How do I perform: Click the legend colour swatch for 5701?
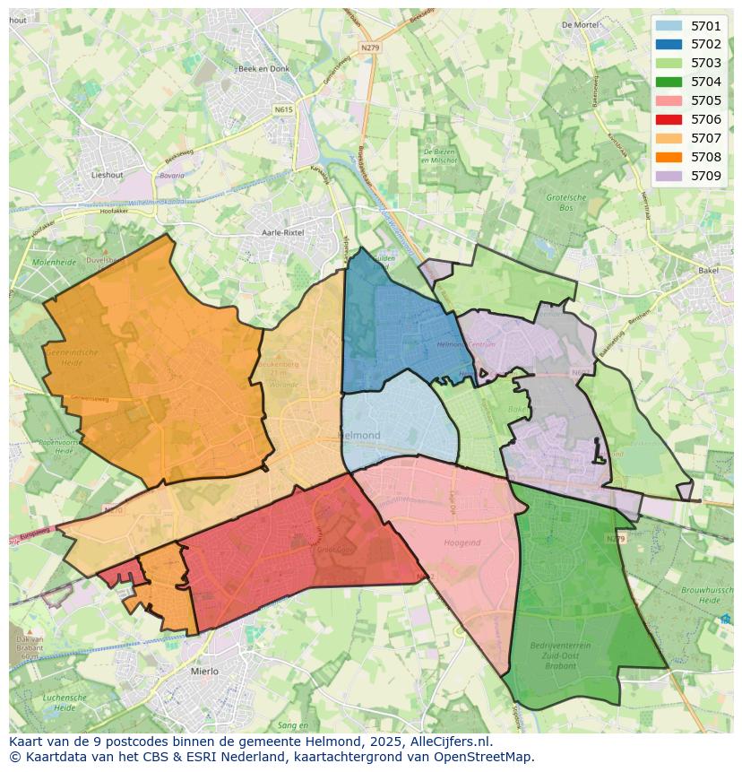click(669, 26)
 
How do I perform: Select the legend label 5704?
click(706, 82)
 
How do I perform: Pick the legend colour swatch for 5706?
click(669, 119)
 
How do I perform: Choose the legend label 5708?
click(706, 157)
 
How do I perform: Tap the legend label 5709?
click(706, 176)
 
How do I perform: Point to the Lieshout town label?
click(107, 175)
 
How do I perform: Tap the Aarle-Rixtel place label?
click(282, 232)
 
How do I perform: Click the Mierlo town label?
click(205, 670)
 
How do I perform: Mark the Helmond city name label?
click(359, 436)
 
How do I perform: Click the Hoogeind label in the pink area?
click(462, 542)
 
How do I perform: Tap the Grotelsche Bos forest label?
click(566, 202)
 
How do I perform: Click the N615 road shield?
click(284, 109)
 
